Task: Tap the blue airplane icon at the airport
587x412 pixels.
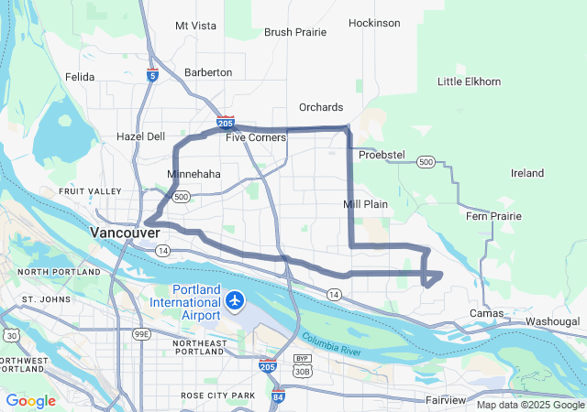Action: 236,299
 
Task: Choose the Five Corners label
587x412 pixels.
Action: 256,137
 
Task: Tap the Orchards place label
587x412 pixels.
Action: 321,107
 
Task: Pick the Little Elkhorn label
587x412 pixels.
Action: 469,81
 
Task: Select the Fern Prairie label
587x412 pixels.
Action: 493,216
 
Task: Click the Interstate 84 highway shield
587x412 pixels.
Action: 278,396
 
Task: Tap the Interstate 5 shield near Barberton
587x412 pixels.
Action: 152,73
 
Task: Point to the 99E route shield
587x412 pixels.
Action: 142,334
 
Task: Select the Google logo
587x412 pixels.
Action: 31,401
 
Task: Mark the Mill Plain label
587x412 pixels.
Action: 366,203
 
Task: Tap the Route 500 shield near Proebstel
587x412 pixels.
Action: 425,162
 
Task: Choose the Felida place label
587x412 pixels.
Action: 80,77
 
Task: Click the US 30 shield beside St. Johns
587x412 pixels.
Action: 10,336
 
